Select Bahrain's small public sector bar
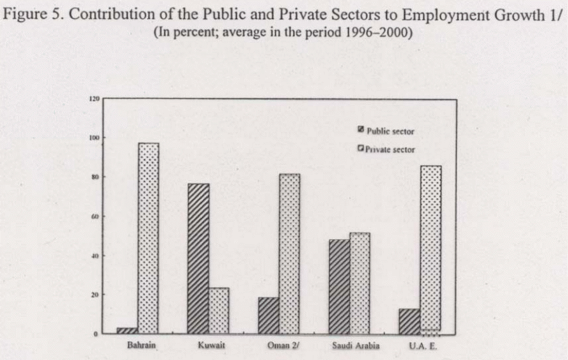[127, 331]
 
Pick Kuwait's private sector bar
[219, 311]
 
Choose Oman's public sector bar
[268, 315]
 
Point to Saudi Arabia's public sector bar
[339, 286]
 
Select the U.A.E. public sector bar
[409, 322]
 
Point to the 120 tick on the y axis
[95, 99]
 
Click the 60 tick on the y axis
[95, 217]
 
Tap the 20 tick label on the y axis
[95, 295]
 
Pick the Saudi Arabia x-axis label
[355, 346]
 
